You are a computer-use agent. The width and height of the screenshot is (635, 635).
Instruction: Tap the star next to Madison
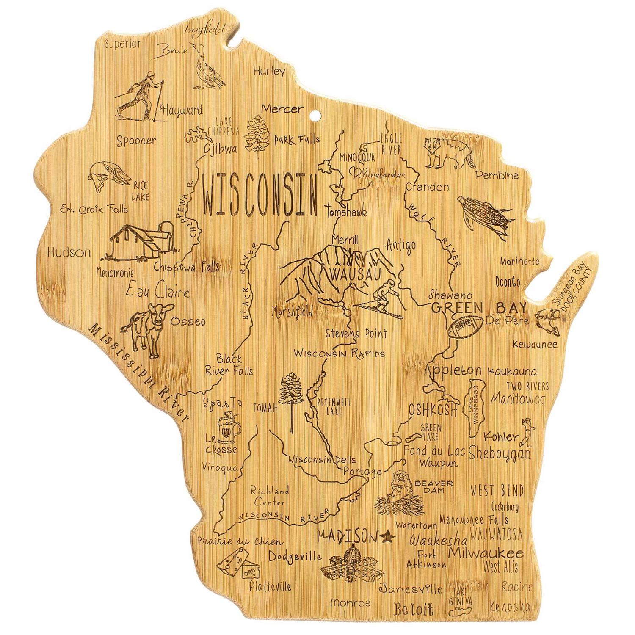pos(387,538)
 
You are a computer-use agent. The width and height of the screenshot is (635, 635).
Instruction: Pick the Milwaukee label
pos(486,553)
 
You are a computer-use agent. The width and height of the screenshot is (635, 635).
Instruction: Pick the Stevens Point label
pos(356,334)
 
